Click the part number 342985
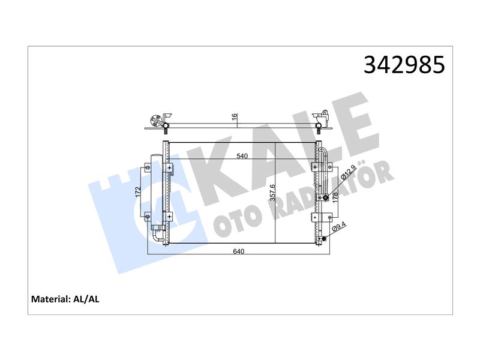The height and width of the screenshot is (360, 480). click(404, 65)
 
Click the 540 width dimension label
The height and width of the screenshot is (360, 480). click(242, 156)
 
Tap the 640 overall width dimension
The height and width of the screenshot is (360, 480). click(239, 251)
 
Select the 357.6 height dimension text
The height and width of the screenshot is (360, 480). click(273, 193)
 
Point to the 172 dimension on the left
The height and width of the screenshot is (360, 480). click(138, 192)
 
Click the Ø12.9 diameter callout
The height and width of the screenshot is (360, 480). click(349, 172)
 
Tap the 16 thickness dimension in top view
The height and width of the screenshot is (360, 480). click(234, 116)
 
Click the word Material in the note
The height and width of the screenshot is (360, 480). click(51, 299)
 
